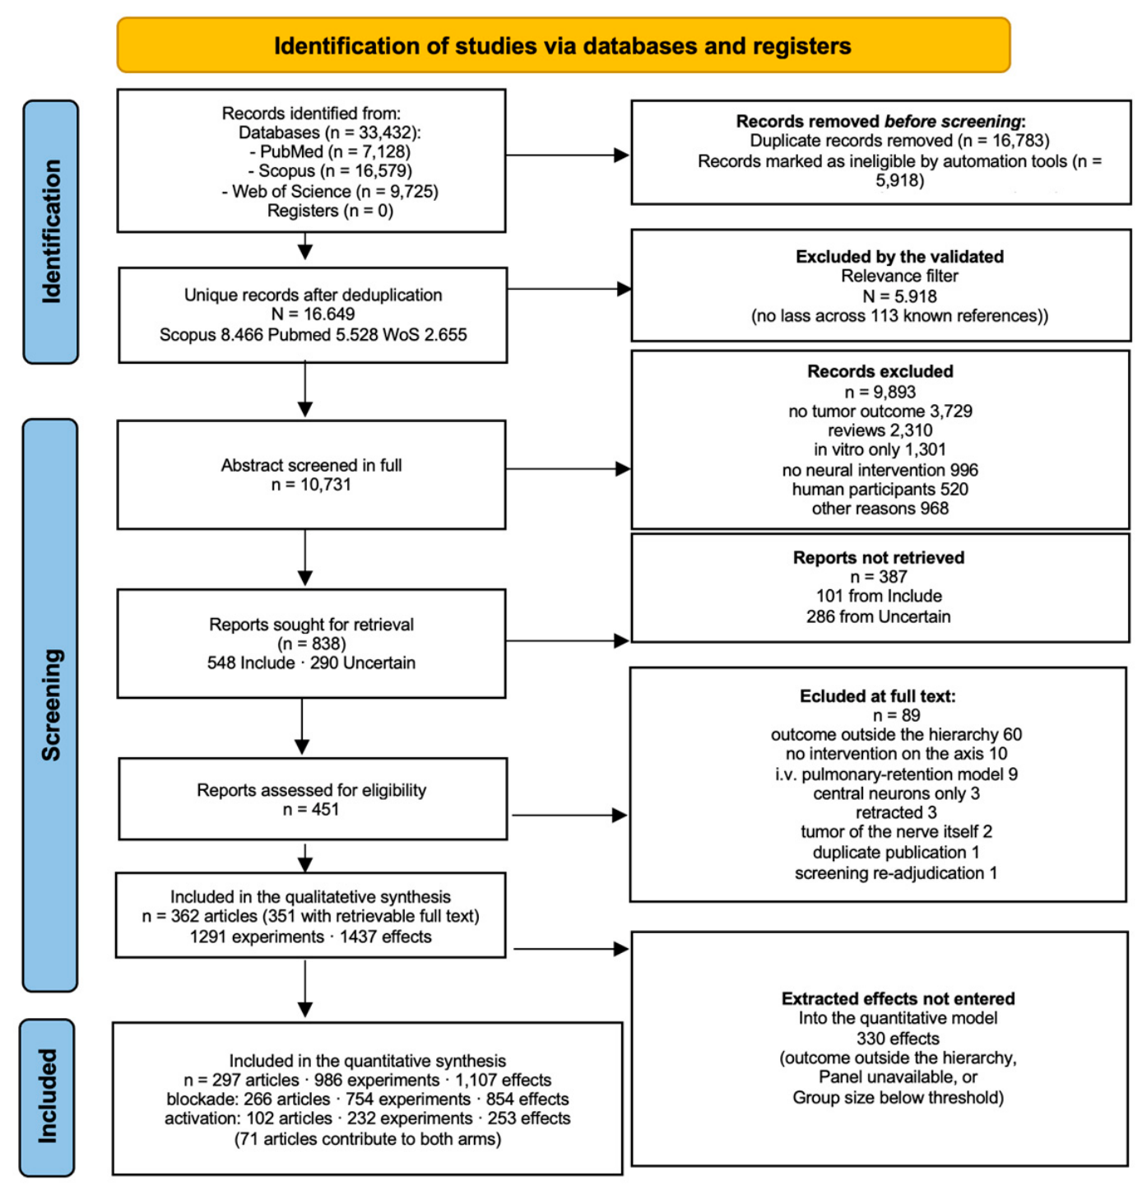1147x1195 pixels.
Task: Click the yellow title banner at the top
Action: [563, 45]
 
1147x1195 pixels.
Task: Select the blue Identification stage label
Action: [51, 231]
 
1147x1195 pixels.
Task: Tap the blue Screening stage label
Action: [50, 705]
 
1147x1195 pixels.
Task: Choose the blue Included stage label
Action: [47, 1097]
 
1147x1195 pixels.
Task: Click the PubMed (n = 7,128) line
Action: [330, 151]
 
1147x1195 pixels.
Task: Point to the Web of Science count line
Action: [330, 192]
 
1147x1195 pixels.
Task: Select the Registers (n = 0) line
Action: [330, 211]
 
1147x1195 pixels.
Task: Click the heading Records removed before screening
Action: [880, 121]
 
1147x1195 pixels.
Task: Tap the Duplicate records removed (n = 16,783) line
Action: [899, 141]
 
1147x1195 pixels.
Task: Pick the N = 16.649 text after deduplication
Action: [313, 314]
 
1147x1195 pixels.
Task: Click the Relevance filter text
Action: [899, 277]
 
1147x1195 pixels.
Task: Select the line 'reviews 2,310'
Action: [880, 430]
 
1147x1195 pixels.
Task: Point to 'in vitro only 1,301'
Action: [880, 449]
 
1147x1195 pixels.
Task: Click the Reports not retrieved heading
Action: [878, 558]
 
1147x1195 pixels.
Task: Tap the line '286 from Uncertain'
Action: [878, 616]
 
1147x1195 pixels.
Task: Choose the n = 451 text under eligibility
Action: [311, 809]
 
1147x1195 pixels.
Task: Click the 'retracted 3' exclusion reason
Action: [896, 813]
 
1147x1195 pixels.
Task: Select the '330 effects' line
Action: [898, 1039]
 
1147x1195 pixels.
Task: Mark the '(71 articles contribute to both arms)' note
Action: [367, 1139]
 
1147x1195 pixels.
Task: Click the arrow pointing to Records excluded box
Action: [568, 469]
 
